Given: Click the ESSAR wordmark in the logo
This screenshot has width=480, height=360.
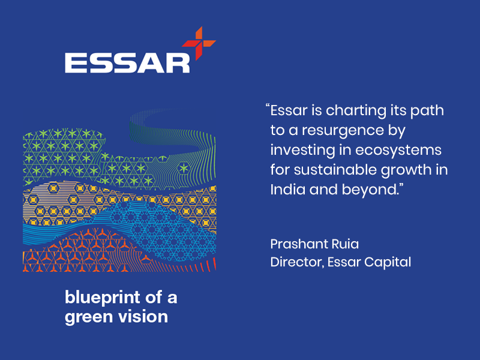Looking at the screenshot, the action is (x=127, y=64).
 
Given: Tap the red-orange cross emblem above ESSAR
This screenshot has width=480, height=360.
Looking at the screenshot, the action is (x=199, y=43).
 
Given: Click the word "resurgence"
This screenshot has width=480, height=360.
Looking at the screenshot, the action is (x=343, y=131).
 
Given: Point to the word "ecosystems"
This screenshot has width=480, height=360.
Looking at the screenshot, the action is (x=398, y=151).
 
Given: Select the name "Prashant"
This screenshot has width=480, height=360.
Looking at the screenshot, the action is (x=296, y=244).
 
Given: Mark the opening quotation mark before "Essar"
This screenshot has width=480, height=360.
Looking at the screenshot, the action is (x=268, y=107).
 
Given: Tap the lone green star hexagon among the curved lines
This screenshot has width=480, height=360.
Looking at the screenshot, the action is (x=184, y=168).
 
